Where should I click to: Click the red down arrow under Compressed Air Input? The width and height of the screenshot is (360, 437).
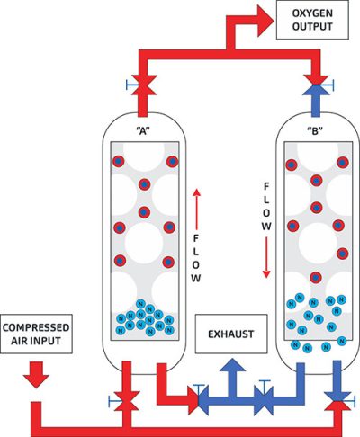pyautogui.click(x=37, y=373)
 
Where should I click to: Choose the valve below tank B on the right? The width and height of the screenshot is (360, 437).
pyautogui.click(x=338, y=398)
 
